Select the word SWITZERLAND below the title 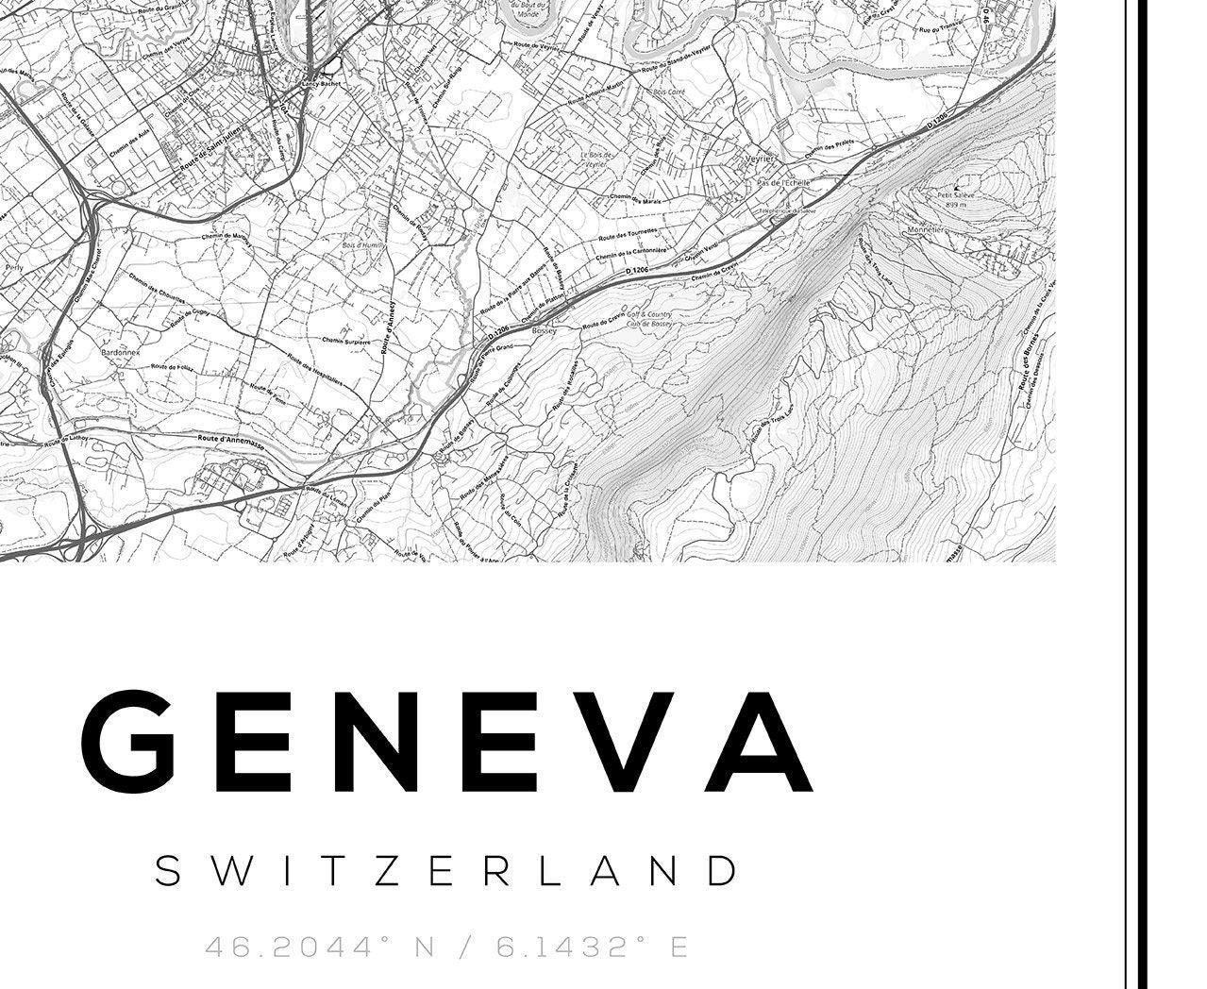tap(446, 870)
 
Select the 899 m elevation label tap(957, 205)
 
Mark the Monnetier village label tap(926, 229)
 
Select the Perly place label tap(14, 267)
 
